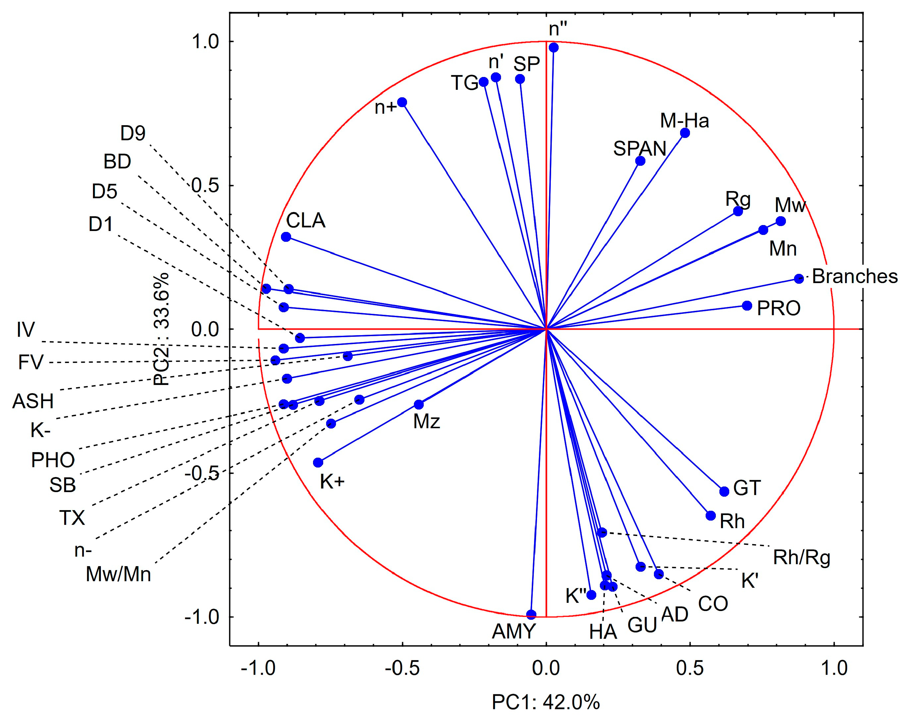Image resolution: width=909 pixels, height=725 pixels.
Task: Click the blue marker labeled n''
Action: (554, 48)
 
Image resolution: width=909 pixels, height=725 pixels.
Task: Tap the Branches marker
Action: (799, 278)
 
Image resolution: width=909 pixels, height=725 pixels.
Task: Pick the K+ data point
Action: (318, 463)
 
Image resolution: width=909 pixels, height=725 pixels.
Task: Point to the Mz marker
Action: (419, 405)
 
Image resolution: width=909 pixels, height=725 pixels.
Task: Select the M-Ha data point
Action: (685, 133)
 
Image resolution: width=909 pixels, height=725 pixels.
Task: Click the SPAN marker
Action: (640, 161)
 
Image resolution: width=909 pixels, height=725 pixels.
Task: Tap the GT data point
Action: (724, 491)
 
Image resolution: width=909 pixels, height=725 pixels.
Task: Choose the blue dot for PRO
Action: (747, 306)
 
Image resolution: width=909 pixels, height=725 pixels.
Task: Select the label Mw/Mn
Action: (119, 574)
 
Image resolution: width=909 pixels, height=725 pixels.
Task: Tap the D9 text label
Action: (133, 134)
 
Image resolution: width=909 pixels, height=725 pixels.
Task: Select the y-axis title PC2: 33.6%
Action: (161, 329)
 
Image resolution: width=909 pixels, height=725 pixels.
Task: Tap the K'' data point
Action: (591, 595)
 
